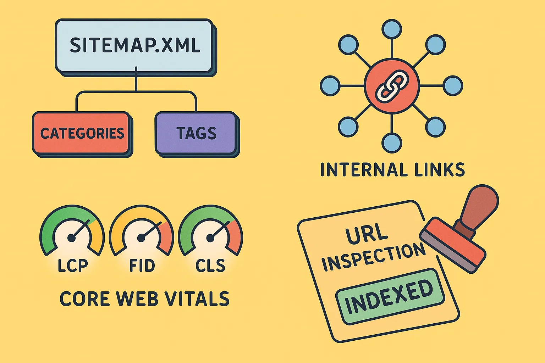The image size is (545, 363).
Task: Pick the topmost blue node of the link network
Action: coord(392,29)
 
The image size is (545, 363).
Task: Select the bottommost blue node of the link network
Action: coord(392,143)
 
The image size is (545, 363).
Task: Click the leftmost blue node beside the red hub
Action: coord(330,86)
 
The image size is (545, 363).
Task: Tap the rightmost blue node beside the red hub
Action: coord(453,86)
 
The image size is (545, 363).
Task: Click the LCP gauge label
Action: coord(73,266)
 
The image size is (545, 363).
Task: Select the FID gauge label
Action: coord(142,266)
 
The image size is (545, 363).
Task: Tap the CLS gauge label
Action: coord(210,266)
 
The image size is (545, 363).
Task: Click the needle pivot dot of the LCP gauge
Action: coord(71,238)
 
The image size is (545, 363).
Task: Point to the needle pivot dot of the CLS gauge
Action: coord(210,238)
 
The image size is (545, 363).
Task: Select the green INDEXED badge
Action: coord(390,297)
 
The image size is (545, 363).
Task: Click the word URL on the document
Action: coord(367,234)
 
